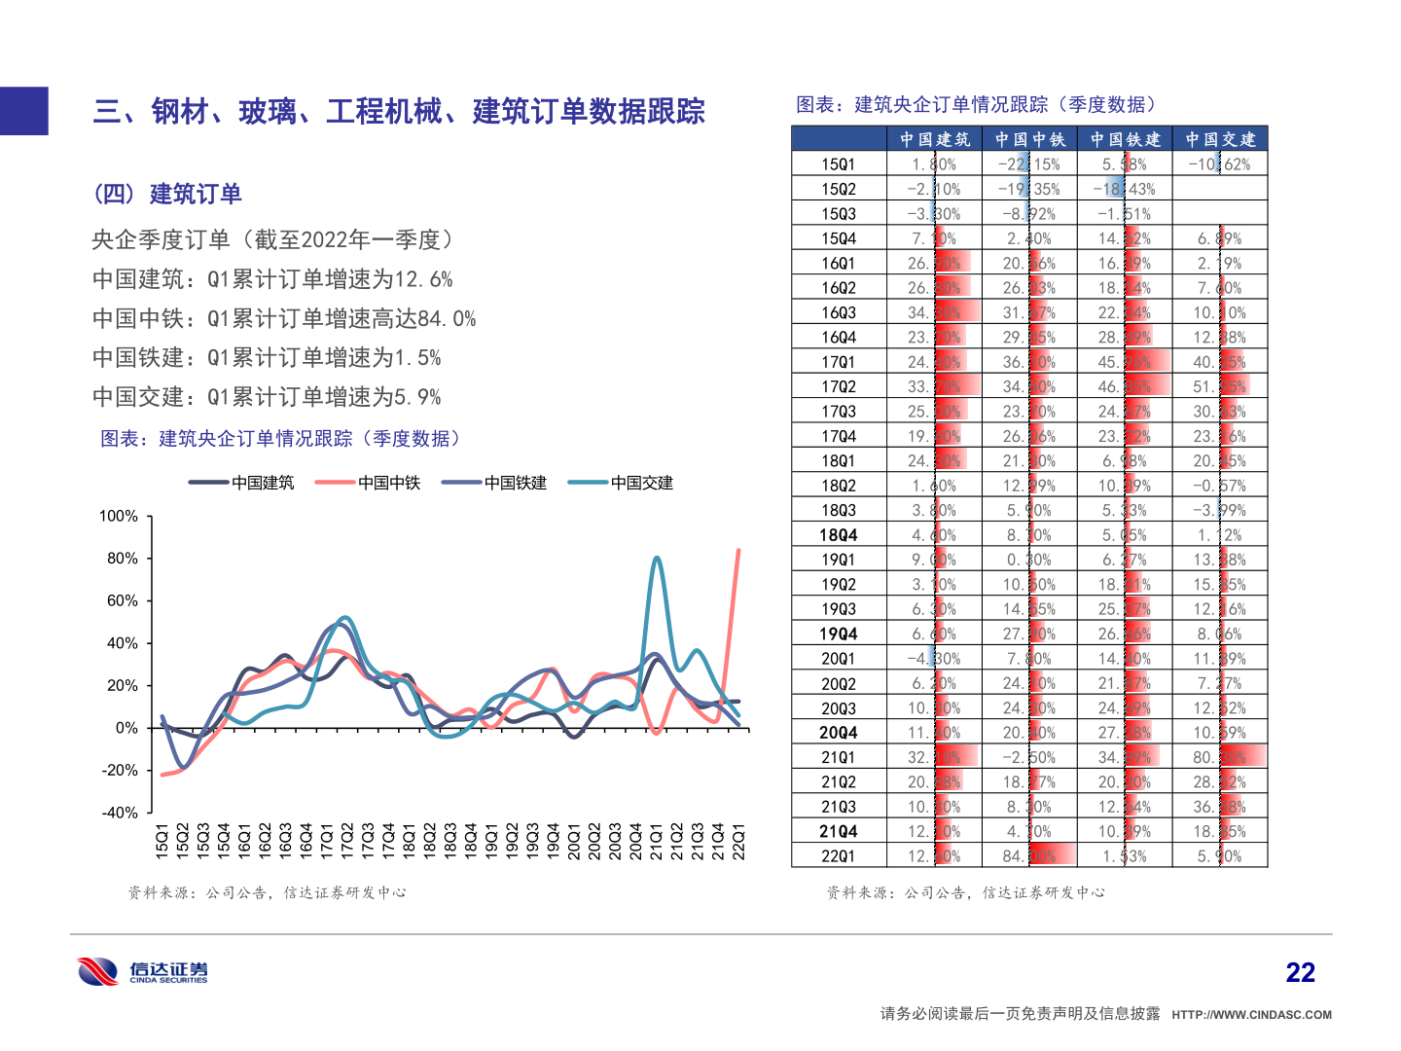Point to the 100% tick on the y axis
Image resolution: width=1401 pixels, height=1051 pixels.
[x=119, y=516]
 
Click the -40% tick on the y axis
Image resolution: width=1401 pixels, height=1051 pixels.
[x=120, y=813]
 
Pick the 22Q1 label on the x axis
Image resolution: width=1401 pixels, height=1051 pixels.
[x=738, y=841]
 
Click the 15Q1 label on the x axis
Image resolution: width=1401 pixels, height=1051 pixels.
[x=162, y=841]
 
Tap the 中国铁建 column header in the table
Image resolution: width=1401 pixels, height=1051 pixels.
[x=1125, y=139]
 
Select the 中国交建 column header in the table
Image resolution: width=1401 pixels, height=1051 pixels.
[x=1220, y=139]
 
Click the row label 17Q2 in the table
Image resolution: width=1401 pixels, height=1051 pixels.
[x=838, y=387]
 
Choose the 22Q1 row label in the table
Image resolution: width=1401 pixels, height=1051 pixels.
[x=838, y=856]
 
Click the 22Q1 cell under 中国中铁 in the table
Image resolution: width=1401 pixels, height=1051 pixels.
[x=1029, y=856]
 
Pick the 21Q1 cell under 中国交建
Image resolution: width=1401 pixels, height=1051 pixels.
[x=1220, y=757]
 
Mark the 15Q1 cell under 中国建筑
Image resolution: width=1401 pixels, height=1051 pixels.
[x=934, y=164]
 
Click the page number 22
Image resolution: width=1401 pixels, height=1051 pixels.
[x=1300, y=972]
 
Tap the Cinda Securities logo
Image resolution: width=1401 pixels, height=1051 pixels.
[x=143, y=972]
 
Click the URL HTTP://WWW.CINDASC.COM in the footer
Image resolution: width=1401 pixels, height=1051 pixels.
[x=1251, y=1015]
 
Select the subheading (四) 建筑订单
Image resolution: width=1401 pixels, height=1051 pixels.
[x=167, y=194]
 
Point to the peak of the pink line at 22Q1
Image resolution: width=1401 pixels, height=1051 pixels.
[x=738, y=551]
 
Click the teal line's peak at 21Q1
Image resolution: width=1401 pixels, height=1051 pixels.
[x=658, y=558]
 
